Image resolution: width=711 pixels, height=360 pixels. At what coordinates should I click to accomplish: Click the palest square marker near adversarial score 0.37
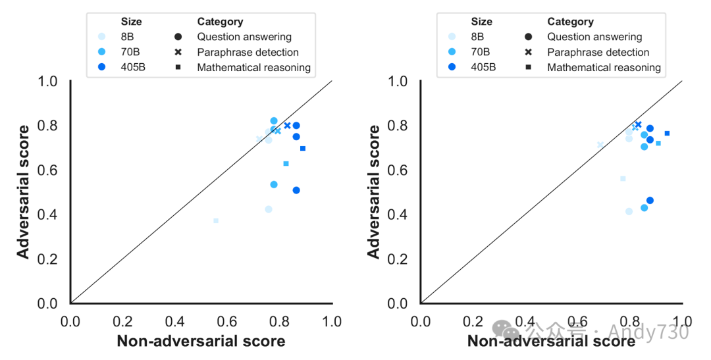(x=216, y=220)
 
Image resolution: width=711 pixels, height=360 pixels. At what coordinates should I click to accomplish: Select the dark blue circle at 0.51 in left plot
(x=296, y=190)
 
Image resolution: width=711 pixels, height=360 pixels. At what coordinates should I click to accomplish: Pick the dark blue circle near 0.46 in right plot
(x=650, y=200)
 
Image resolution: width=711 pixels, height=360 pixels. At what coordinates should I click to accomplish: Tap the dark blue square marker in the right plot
(x=667, y=133)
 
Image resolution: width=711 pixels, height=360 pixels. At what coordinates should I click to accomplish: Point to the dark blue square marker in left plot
(x=303, y=148)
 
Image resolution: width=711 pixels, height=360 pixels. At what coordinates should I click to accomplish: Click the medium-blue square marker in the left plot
(x=286, y=163)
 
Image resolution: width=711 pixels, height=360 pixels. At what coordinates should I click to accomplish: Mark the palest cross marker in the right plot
(x=600, y=144)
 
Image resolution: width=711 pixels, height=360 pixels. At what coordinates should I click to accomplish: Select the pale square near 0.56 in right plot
(x=623, y=178)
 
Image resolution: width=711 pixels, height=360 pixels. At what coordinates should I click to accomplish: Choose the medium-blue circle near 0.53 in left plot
(x=274, y=184)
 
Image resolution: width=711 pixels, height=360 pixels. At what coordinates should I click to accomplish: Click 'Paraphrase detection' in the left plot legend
(x=248, y=52)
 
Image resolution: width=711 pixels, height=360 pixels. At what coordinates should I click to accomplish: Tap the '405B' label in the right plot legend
(x=484, y=67)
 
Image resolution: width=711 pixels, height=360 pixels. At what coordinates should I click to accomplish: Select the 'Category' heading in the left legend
(x=220, y=22)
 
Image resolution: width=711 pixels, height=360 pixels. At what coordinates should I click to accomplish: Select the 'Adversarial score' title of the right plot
(x=373, y=191)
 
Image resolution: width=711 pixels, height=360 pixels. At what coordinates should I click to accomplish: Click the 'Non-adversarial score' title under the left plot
(x=201, y=341)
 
